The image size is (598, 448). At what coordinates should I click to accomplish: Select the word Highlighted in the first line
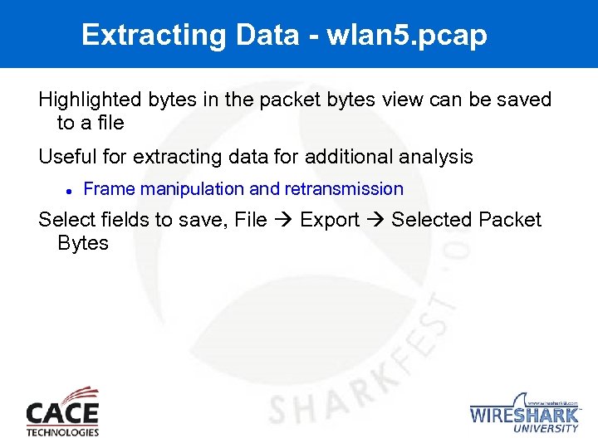pyautogui.click(x=91, y=100)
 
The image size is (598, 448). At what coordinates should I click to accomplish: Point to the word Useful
pyautogui.click(x=65, y=156)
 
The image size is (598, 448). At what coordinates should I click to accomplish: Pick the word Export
pyautogui.click(x=330, y=220)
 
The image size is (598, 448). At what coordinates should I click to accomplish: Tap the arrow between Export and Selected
pyautogui.click(x=375, y=221)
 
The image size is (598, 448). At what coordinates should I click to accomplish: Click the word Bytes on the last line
pyautogui.click(x=83, y=243)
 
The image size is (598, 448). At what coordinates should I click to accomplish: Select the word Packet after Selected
pyautogui.click(x=510, y=220)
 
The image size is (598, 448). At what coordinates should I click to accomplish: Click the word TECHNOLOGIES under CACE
pyautogui.click(x=62, y=431)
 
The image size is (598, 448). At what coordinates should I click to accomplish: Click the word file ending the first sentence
pyautogui.click(x=109, y=124)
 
